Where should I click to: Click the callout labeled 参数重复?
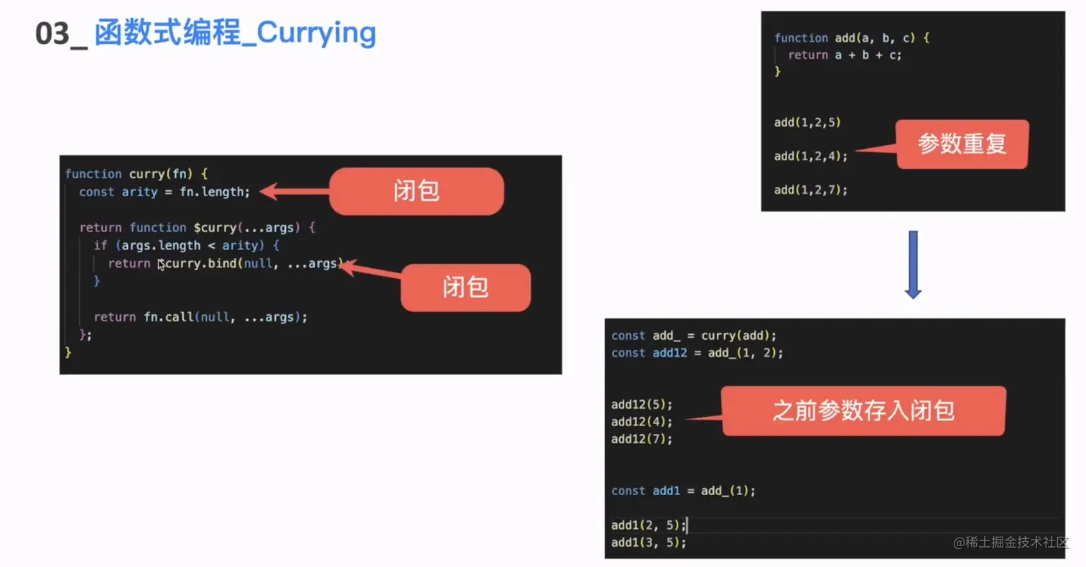click(962, 144)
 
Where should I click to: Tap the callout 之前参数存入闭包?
click(863, 411)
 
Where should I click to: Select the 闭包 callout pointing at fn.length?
click(416, 191)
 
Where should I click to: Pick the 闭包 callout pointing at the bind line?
click(465, 287)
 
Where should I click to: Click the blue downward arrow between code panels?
click(913, 264)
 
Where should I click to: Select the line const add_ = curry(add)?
click(694, 336)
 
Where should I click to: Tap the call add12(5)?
click(642, 404)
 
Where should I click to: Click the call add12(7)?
click(642, 438)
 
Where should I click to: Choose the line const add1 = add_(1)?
click(683, 491)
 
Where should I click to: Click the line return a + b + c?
click(844, 55)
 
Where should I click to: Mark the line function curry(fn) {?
click(136, 174)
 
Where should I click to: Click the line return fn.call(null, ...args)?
click(200, 317)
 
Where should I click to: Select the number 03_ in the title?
click(61, 34)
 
